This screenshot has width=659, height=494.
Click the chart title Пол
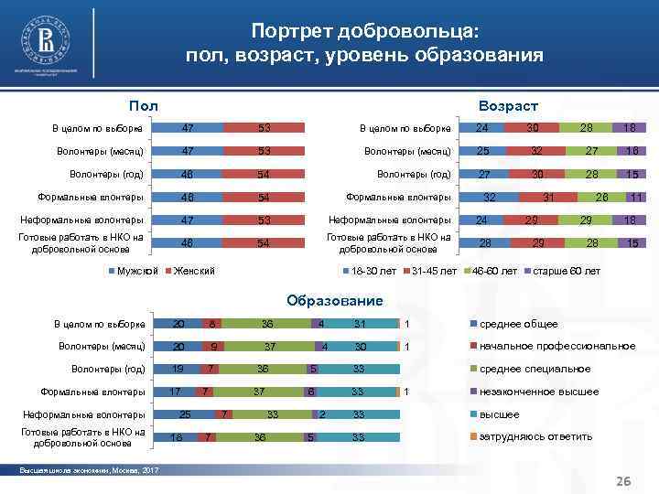tap(144, 107)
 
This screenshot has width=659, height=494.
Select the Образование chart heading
tap(334, 300)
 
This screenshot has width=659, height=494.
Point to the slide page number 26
tap(625, 481)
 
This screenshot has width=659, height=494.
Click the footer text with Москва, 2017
tap(89, 470)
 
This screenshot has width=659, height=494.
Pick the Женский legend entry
tap(193, 271)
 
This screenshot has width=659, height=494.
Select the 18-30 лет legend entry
tap(372, 271)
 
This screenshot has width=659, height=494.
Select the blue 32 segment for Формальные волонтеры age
tap(490, 197)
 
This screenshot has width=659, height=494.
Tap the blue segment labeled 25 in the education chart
tap(186, 414)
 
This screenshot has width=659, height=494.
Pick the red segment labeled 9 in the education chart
tap(213, 347)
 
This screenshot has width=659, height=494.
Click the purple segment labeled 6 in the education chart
tap(310, 392)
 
